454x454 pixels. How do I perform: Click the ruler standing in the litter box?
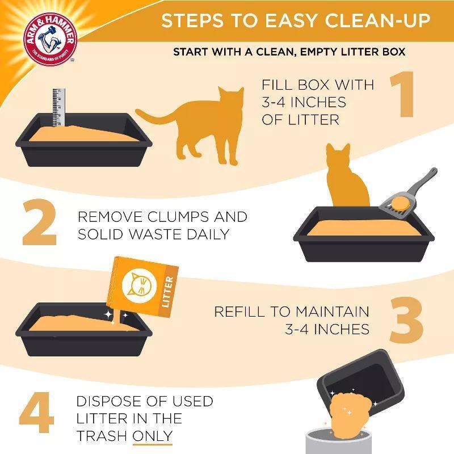57,108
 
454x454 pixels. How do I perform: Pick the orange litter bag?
145,287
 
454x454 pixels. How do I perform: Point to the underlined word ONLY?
153,436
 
